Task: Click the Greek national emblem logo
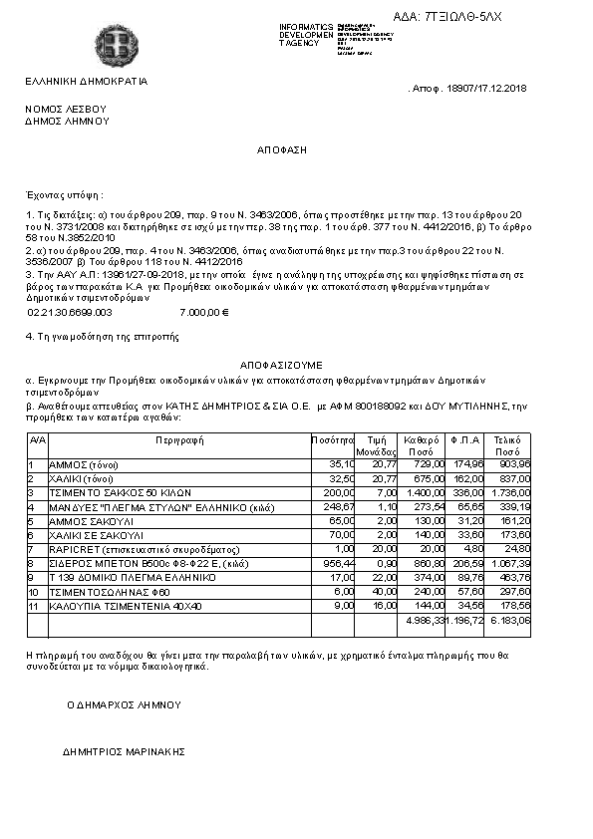click(111, 44)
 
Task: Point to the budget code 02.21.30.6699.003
click(70, 312)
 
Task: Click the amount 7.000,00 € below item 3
click(204, 312)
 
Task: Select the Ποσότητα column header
click(333, 438)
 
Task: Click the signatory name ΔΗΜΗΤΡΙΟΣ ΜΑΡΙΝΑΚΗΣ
click(125, 751)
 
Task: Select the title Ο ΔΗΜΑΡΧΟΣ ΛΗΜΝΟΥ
click(125, 704)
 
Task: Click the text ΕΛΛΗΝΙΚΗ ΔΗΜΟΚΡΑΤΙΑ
click(86, 81)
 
